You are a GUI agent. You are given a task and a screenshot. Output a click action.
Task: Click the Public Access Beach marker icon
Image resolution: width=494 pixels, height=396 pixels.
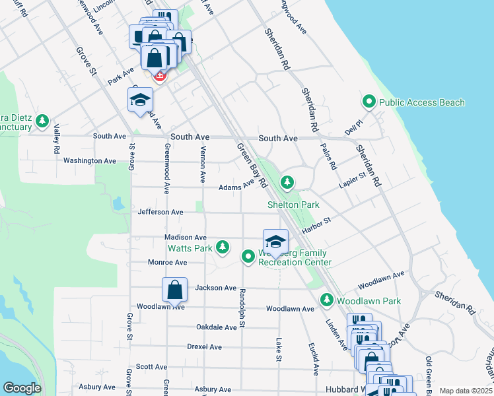[369, 102]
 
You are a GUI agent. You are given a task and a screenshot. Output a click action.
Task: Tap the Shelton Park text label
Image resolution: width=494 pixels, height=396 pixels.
[293, 205]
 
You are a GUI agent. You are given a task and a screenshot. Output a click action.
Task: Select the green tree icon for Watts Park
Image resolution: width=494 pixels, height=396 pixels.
[223, 247]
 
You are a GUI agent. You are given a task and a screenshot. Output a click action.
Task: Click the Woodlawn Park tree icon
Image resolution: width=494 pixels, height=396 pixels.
[326, 300]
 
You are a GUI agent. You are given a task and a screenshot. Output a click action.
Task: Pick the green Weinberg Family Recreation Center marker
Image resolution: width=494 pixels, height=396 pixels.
[248, 256]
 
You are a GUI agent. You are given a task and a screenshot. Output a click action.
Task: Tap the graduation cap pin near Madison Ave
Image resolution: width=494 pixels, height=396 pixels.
[276, 242]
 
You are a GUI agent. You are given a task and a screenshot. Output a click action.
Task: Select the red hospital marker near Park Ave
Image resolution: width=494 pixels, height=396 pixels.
[159, 76]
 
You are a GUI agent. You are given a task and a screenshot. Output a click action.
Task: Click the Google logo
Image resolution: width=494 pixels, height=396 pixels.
[22, 388]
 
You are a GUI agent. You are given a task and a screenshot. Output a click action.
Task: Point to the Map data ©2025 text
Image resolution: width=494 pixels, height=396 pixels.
[466, 391]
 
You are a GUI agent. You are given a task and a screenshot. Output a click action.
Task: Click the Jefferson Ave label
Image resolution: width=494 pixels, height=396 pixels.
[160, 212]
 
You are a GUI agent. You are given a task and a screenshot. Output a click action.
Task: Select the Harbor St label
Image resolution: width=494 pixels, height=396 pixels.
[316, 226]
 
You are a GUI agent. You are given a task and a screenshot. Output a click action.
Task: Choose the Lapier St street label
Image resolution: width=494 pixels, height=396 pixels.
[353, 182]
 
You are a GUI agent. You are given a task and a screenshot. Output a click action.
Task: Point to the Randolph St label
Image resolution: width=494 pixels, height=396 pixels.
[242, 308]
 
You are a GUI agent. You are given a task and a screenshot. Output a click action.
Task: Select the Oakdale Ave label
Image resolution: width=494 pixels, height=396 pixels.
[217, 327]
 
